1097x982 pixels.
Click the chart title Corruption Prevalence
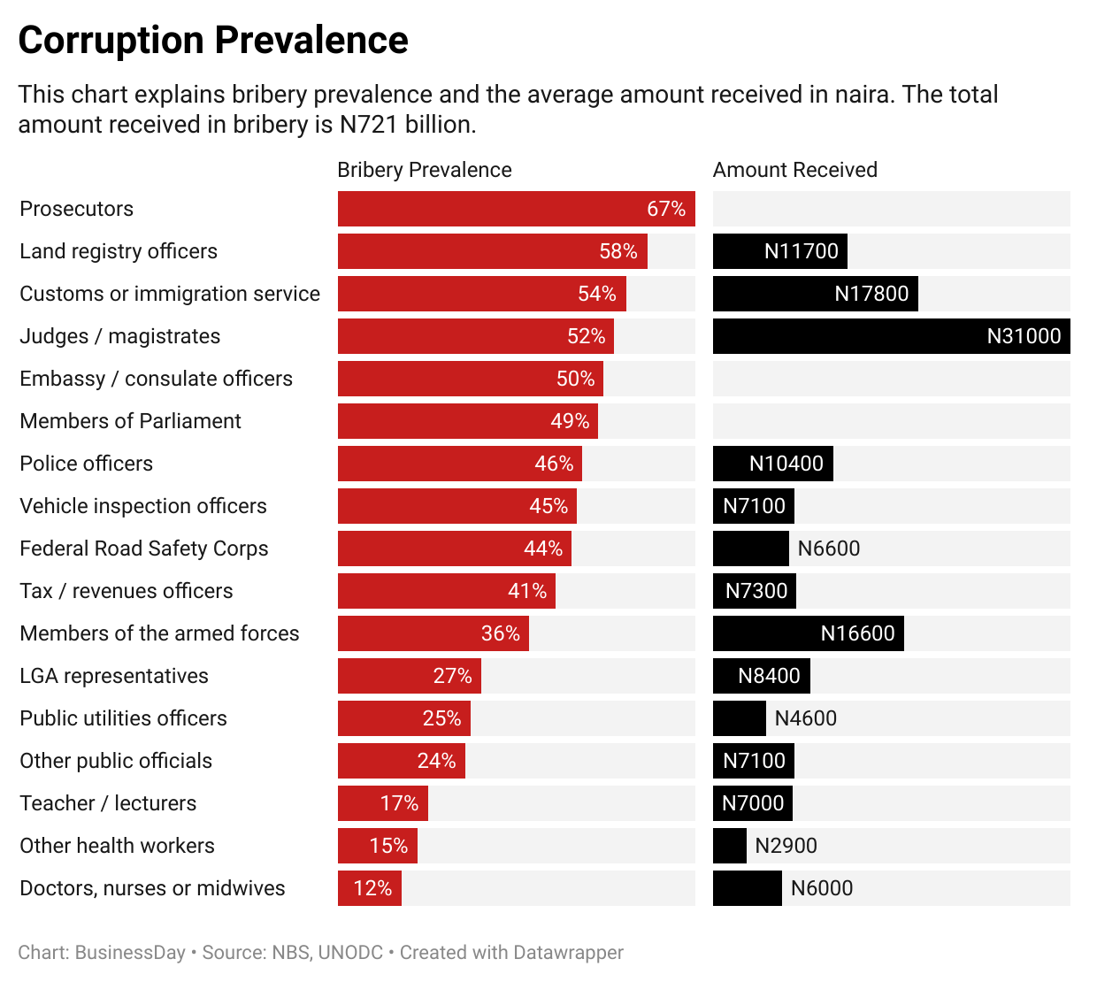click(213, 41)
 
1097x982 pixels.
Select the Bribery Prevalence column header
click(424, 170)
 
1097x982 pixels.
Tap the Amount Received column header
click(794, 170)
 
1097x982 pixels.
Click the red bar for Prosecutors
click(516, 209)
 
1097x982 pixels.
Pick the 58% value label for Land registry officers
click(618, 251)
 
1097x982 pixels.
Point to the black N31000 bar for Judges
click(891, 336)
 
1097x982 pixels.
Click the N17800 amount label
click(871, 294)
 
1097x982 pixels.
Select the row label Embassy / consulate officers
click(156, 379)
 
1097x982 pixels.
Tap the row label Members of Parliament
click(130, 421)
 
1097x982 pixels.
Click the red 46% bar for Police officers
click(459, 464)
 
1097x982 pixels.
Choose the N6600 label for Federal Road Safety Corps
click(828, 549)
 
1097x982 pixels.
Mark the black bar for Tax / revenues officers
click(754, 591)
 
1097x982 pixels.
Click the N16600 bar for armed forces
click(808, 633)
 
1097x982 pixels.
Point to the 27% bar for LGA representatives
click(409, 676)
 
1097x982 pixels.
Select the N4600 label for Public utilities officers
click(805, 718)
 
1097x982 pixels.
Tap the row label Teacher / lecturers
click(108, 803)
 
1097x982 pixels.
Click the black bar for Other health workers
click(729, 846)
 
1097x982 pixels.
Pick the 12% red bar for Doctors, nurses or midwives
click(369, 888)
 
